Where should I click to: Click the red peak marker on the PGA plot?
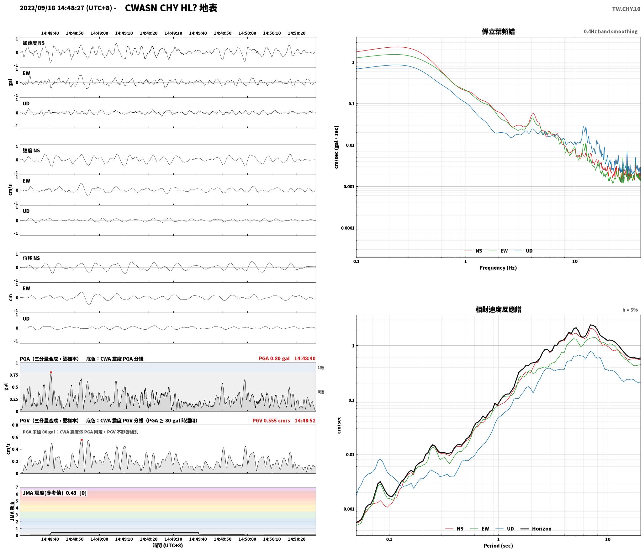click(51, 373)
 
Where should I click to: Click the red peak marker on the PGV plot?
click(82, 440)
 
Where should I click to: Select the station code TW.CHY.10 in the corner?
click(626, 9)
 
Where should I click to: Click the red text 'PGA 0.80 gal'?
click(274, 358)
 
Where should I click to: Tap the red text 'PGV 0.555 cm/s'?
click(271, 421)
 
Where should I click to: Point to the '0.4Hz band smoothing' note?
click(610, 32)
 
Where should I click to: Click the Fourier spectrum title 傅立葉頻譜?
click(498, 31)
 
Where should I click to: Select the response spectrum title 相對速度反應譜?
click(498, 310)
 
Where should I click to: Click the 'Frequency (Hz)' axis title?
click(498, 268)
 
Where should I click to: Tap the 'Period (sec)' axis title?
click(498, 546)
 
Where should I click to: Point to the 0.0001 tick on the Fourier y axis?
click(348, 228)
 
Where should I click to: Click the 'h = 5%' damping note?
click(630, 310)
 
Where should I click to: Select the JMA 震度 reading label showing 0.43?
click(55, 493)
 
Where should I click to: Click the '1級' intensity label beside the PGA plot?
click(320, 368)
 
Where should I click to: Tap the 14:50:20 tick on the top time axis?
click(296, 33)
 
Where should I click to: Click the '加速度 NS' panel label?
click(34, 43)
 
